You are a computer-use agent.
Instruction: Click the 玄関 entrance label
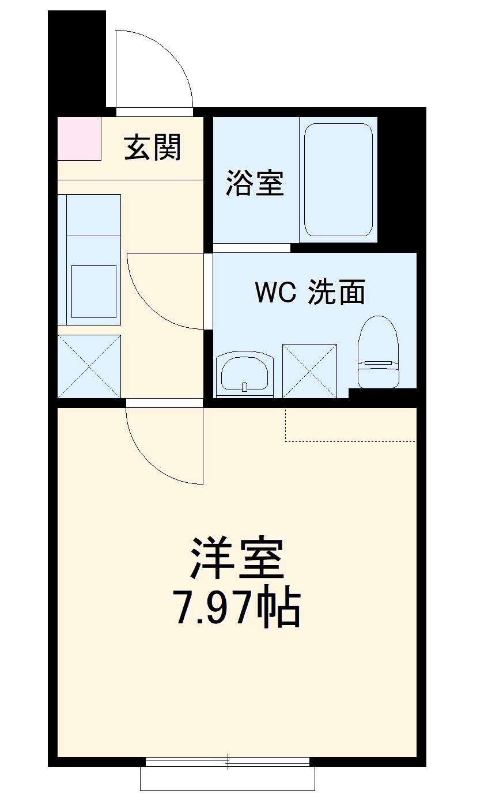(153, 147)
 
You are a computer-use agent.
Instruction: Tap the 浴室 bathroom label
(254, 182)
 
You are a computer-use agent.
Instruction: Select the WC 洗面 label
(311, 292)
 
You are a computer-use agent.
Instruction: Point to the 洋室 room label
(238, 558)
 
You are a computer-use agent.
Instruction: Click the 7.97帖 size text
(238, 608)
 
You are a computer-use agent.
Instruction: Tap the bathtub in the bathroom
(338, 180)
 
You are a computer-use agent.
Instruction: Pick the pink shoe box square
(79, 138)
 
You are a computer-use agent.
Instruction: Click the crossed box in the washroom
(309, 370)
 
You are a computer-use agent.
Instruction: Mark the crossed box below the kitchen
(89, 366)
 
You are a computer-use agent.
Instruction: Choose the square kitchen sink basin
(93, 292)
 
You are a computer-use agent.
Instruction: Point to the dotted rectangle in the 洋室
(350, 425)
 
